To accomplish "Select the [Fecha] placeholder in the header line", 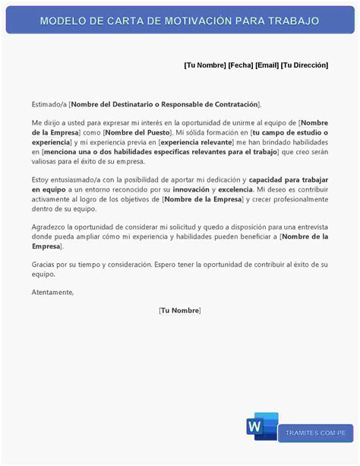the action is pyautogui.click(x=241, y=65).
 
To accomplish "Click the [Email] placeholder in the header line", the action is pyautogui.click(x=267, y=65).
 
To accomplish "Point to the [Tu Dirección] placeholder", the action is pyautogui.click(x=305, y=65).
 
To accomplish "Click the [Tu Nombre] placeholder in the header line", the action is pyautogui.click(x=204, y=65).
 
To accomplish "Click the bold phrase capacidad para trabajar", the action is pyautogui.click(x=289, y=179).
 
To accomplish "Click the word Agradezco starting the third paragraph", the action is pyautogui.click(x=49, y=227).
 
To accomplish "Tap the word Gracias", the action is pyautogui.click(x=44, y=264).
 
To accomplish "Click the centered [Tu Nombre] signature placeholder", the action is pyautogui.click(x=180, y=310).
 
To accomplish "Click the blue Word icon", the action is pyautogui.click(x=261, y=426).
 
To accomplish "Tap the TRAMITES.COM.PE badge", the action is pyautogui.click(x=315, y=433).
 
